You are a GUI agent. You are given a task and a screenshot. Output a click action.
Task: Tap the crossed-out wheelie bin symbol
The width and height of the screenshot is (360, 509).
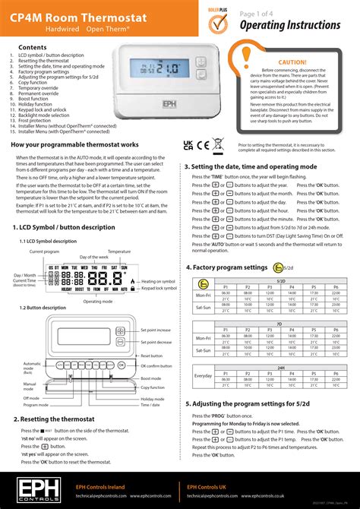click(218, 143)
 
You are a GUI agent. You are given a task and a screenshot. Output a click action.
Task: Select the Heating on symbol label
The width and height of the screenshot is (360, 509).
click(158, 281)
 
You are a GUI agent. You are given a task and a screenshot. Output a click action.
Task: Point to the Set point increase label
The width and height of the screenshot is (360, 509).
click(156, 330)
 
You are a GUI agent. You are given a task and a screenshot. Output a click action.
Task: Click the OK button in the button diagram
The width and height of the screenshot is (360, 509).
click(121, 365)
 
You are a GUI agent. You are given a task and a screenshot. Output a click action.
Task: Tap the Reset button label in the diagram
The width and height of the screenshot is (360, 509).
click(152, 355)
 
